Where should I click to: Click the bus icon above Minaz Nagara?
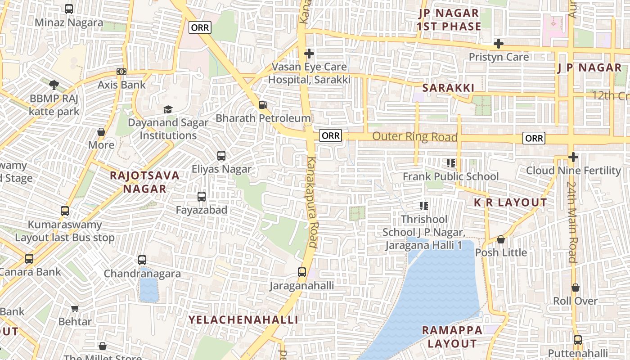[x=69, y=9]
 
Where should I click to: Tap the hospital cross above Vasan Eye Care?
[x=309, y=54]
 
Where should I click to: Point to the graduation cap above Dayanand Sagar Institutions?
[x=168, y=109]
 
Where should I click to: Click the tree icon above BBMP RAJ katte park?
[x=54, y=85]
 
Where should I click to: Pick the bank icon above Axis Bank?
[x=121, y=72]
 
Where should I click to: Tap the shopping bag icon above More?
[x=101, y=132]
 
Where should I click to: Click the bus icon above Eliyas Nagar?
[x=221, y=156]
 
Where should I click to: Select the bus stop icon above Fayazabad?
[x=202, y=197]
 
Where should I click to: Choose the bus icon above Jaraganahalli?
[x=302, y=272]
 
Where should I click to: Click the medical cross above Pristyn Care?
[x=499, y=44]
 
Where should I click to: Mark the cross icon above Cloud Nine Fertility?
[x=573, y=157]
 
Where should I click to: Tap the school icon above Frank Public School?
[x=450, y=163]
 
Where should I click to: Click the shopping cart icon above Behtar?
[x=75, y=308]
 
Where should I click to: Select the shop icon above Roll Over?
[x=576, y=288]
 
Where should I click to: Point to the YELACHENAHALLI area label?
[x=243, y=320]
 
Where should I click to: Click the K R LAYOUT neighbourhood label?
[x=510, y=202]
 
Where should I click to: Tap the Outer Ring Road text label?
[x=415, y=137]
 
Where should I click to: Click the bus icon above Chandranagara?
[x=142, y=260]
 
